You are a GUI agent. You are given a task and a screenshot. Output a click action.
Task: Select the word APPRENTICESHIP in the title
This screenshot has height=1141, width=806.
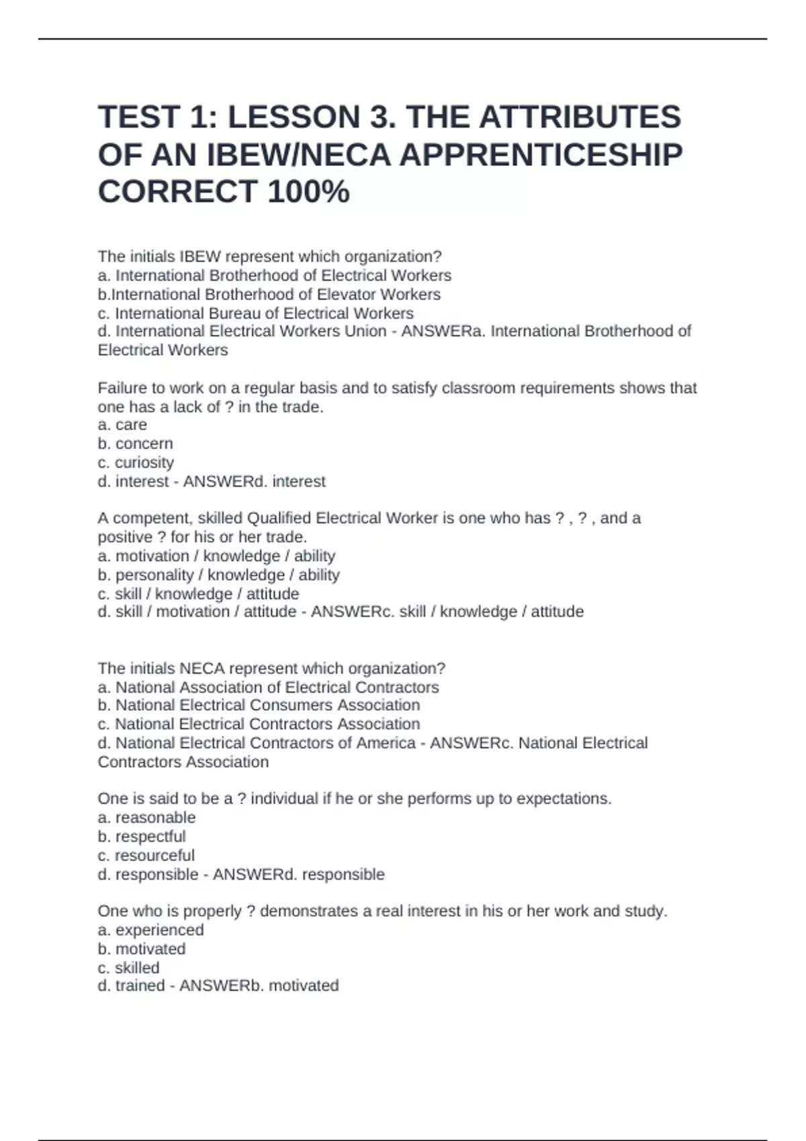click(541, 155)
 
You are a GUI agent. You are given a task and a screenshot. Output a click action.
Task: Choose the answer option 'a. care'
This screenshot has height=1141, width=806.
click(122, 425)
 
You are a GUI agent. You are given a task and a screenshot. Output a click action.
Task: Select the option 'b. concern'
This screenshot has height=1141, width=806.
click(135, 444)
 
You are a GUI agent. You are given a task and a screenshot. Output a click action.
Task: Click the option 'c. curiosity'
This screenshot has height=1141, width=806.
click(136, 462)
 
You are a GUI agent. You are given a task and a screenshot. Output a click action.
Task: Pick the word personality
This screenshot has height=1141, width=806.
click(154, 575)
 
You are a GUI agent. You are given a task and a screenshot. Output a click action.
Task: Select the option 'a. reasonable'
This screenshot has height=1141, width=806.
click(146, 817)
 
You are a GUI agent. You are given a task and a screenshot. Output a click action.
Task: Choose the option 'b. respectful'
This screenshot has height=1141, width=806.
click(142, 836)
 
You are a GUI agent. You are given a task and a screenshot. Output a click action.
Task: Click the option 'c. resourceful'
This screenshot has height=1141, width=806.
click(146, 856)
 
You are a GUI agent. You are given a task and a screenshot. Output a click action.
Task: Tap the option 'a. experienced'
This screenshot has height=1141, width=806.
click(150, 930)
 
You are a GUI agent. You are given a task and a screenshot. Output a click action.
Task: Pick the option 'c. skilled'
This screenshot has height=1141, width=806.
click(128, 968)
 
